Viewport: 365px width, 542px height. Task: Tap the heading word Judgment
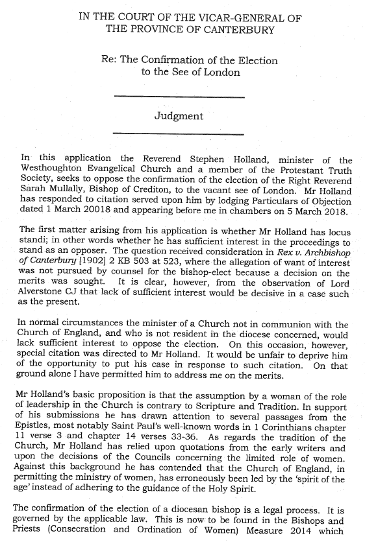point(179,117)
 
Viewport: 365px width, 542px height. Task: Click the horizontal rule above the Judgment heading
point(179,97)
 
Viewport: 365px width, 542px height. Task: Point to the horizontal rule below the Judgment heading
point(179,134)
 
